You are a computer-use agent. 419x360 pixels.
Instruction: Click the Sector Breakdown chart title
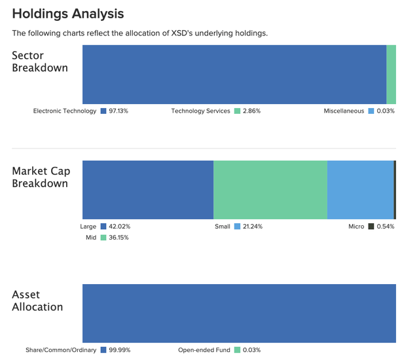click(x=40, y=61)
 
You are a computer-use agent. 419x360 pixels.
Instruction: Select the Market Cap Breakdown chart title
click(x=41, y=177)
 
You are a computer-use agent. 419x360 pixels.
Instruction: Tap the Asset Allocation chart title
click(x=37, y=300)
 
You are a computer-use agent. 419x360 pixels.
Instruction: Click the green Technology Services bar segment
click(x=391, y=74)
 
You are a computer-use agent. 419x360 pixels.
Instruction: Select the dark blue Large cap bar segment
click(x=147, y=190)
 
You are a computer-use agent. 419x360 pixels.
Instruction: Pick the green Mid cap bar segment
click(x=270, y=190)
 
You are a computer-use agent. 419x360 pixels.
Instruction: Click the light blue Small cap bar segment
click(x=360, y=190)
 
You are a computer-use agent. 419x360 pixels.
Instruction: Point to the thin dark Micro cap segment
click(x=395, y=190)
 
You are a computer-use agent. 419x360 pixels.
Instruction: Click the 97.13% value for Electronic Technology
click(x=118, y=111)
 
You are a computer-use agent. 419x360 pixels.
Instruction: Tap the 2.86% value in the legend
click(x=251, y=111)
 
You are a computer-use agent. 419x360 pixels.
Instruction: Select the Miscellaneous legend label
click(x=344, y=111)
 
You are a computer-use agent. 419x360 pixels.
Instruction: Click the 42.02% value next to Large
click(x=120, y=226)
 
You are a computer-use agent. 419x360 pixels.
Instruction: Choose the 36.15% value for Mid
click(x=118, y=238)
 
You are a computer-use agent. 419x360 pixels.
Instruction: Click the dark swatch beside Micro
click(x=371, y=226)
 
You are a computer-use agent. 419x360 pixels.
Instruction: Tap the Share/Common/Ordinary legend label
click(x=61, y=350)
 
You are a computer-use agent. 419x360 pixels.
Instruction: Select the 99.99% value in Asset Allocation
click(x=120, y=350)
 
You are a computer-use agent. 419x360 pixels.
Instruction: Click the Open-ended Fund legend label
click(x=204, y=350)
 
